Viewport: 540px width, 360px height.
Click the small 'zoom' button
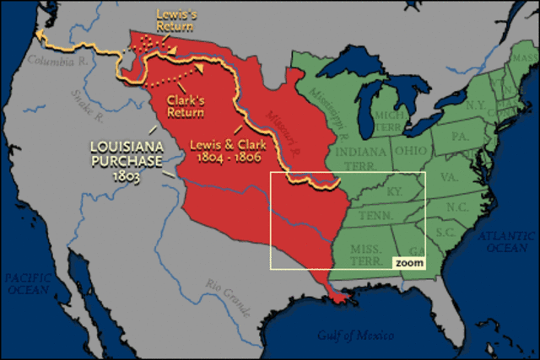408,263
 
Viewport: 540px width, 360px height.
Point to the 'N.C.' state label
456,207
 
